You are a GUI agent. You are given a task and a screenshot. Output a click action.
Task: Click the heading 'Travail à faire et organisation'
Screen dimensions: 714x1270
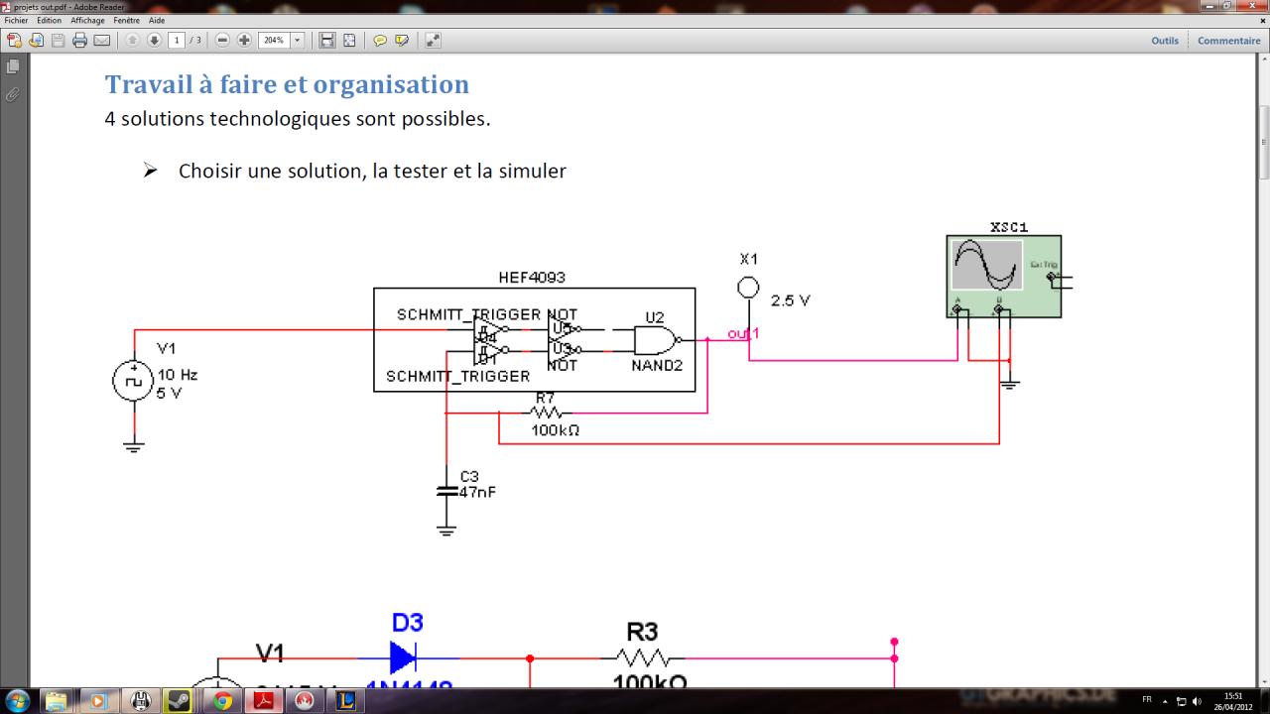point(287,84)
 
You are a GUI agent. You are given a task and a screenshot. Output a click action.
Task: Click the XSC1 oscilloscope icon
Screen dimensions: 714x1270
point(1003,276)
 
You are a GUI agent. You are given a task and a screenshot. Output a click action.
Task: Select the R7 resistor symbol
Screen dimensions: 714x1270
point(547,413)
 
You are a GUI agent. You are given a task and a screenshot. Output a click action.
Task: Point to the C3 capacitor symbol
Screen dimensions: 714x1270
point(445,490)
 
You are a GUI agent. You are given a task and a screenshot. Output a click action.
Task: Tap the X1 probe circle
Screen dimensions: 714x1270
point(749,288)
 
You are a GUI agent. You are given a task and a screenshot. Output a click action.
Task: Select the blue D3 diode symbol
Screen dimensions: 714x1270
point(402,656)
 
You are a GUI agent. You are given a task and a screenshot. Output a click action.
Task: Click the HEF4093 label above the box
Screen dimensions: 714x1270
point(532,278)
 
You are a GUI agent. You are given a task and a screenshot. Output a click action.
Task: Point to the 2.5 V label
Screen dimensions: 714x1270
point(791,300)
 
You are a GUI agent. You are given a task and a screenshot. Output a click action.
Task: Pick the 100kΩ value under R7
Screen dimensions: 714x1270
point(555,430)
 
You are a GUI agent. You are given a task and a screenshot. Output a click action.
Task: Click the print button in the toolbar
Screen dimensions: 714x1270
point(79,41)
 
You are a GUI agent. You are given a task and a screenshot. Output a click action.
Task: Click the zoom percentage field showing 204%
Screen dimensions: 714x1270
point(274,41)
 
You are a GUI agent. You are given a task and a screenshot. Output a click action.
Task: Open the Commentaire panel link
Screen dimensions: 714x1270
point(1228,41)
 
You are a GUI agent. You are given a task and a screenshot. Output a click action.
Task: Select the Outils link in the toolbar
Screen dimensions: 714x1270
point(1165,41)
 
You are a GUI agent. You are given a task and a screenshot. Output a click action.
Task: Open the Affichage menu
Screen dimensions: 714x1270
point(87,20)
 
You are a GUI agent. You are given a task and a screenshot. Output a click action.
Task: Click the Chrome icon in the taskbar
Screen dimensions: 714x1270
point(222,701)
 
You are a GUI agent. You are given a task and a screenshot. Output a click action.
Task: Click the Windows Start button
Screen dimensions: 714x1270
point(17,701)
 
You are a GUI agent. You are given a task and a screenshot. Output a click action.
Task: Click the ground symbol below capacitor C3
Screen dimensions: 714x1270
point(445,529)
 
